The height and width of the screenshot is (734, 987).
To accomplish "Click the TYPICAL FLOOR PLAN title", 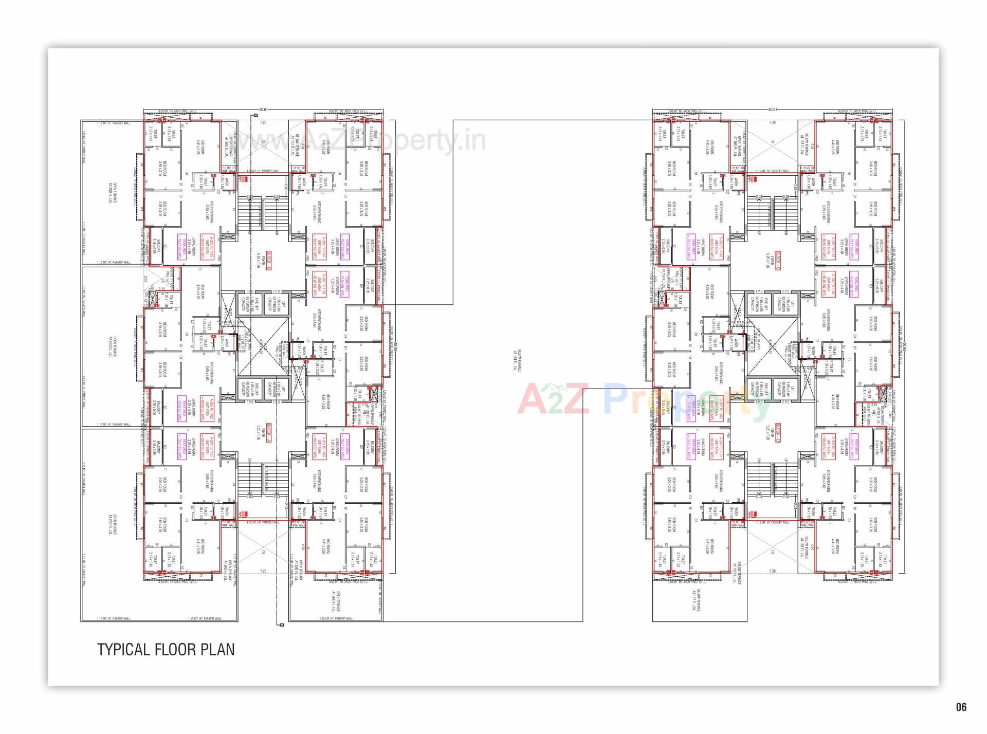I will [166, 650].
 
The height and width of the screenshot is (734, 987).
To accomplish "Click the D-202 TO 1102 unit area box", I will [714, 409].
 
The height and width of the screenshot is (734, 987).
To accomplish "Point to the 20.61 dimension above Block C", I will [772, 109].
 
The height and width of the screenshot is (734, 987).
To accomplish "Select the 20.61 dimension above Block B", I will [263, 109].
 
